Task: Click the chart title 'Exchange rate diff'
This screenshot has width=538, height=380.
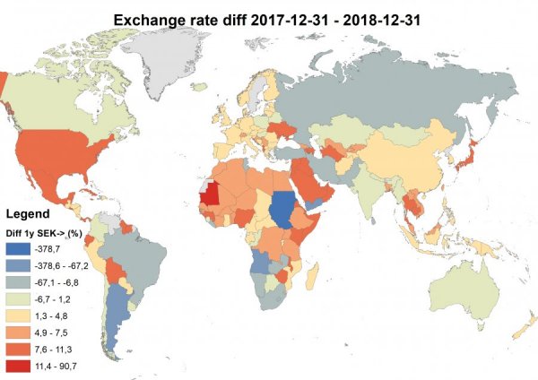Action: [x=268, y=17]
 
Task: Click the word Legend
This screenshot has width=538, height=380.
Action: [x=33, y=214]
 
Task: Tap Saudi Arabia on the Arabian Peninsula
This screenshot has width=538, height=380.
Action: [x=316, y=185]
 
